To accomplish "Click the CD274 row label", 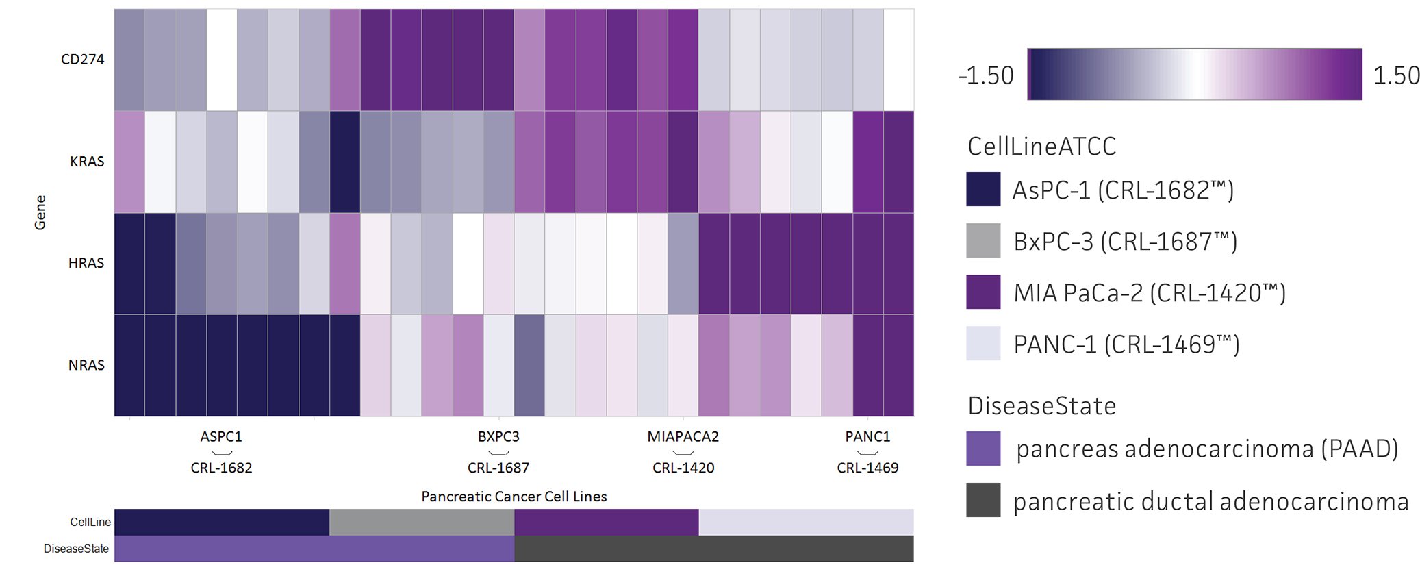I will pos(82,60).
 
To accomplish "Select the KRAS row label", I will pos(87,162).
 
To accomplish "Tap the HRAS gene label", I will pos(86,263).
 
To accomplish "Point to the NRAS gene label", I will pos(86,365).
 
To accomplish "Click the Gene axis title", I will pos(40,212).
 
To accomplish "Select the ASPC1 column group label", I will pos(221,437).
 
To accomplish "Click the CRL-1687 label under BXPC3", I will pos(498,468).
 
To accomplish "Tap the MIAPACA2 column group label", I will pos(683,437).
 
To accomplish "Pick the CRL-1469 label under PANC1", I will pos(867,468).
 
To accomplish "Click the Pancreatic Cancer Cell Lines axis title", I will pos(514,497).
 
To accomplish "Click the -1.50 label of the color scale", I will pos(986,75).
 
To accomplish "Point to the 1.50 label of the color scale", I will pos(1396,75).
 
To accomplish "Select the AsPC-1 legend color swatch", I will pos(983,189).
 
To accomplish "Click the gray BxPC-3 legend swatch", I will pos(983,240).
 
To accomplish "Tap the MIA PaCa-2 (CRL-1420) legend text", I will pos(1150,292).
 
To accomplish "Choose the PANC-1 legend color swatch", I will pos(983,343).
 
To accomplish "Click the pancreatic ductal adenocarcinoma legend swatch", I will pos(983,500).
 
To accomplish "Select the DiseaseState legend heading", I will pos(1041,406).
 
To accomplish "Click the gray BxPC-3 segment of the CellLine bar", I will pos(421,522).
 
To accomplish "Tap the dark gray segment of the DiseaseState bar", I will pos(713,549).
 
